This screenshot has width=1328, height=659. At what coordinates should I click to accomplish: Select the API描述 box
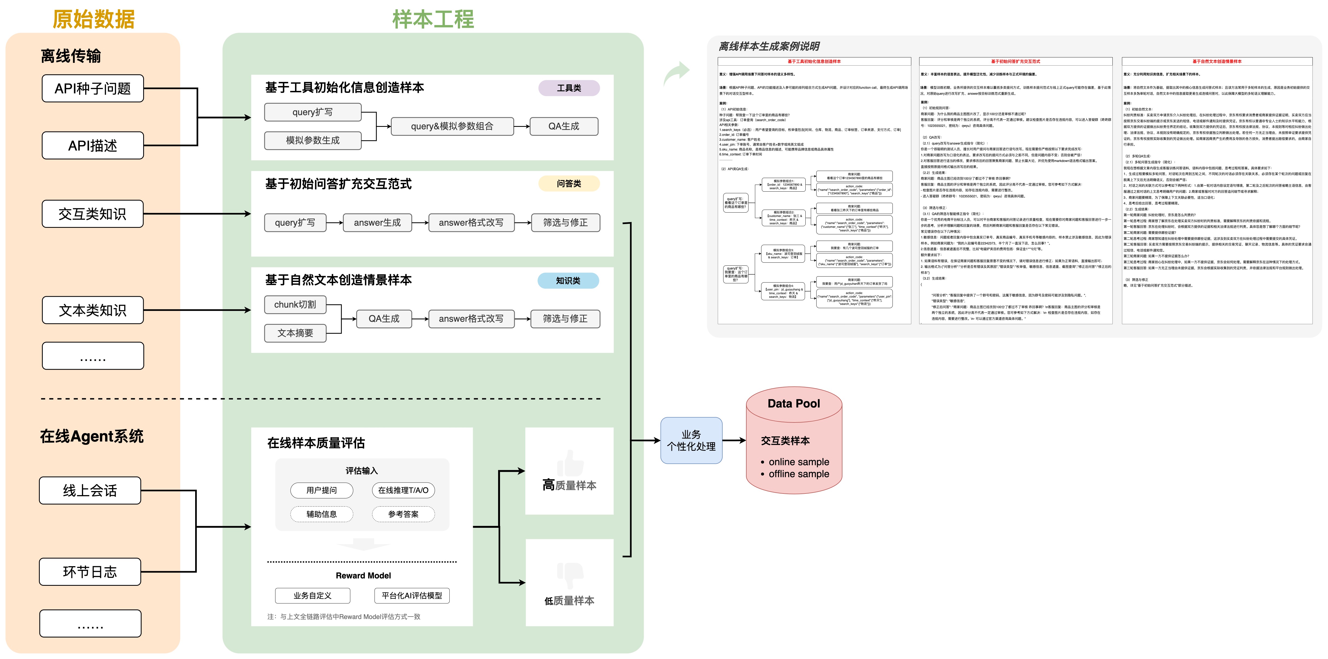[93, 145]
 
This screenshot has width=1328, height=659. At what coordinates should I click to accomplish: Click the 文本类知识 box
[93, 310]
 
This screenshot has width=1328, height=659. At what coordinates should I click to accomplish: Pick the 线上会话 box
[90, 491]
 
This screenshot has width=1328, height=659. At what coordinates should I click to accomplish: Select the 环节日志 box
[90, 571]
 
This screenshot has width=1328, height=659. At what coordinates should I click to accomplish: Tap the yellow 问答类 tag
[569, 183]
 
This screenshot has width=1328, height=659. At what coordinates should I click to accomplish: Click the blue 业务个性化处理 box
[691, 440]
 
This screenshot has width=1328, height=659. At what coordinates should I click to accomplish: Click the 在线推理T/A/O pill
[403, 490]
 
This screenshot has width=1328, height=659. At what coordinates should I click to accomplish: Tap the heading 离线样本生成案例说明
[769, 46]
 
